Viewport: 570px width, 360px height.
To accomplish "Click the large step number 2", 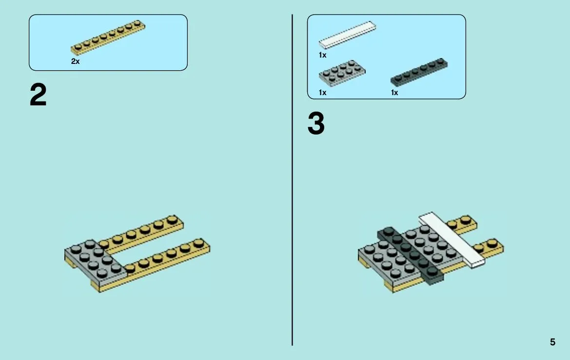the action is [38, 95].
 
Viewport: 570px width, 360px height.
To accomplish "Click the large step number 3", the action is [316, 123].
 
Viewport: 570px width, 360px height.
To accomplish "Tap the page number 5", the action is [552, 342].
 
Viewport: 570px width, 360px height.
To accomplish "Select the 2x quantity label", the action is [75, 61].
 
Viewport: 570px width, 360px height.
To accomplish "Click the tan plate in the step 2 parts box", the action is [108, 38].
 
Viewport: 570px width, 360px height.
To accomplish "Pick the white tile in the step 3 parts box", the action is [348, 35].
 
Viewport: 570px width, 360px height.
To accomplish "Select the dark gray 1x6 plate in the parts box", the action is [419, 72].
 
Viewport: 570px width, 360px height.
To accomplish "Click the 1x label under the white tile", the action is [322, 55].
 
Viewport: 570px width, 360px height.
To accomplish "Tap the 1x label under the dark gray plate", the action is [394, 93].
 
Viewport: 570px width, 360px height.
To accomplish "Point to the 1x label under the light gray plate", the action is [322, 93].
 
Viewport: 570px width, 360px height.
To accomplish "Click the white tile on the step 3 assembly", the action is [452, 240].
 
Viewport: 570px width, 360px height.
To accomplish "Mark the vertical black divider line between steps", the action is [292, 180].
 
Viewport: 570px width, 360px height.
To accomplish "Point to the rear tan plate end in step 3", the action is [462, 223].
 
